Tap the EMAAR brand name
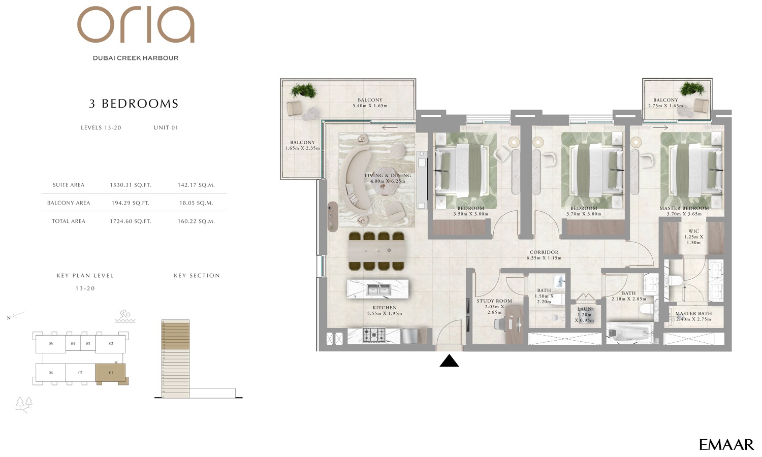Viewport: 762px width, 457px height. (x=726, y=445)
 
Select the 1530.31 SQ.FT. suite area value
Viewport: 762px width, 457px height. (x=130, y=185)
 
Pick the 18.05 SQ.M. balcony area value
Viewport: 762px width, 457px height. (x=196, y=203)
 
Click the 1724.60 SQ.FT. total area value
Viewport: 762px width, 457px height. (x=130, y=221)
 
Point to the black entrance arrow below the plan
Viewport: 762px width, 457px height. (x=449, y=361)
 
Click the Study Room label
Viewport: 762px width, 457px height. (x=494, y=301)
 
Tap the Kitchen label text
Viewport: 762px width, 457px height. (x=385, y=308)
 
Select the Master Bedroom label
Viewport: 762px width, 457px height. (x=684, y=208)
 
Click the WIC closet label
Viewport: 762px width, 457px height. (x=693, y=232)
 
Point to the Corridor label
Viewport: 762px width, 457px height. (x=544, y=252)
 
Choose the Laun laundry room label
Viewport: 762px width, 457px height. (x=585, y=309)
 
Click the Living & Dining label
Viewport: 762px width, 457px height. (x=387, y=175)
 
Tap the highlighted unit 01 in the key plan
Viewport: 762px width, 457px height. (x=111, y=373)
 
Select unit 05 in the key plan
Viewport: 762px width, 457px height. (x=50, y=344)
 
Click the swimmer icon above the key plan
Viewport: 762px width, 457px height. (x=125, y=317)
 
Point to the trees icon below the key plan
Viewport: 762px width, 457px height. (x=24, y=404)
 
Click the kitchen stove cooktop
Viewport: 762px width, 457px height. (x=374, y=335)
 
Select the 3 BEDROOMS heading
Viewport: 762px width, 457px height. (x=134, y=104)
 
